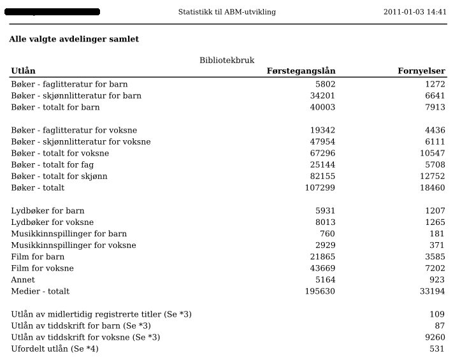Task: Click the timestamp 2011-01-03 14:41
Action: point(415,12)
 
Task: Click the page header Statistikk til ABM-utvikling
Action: point(227,12)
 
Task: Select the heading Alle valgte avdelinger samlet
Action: point(74,40)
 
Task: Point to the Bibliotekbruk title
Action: point(227,61)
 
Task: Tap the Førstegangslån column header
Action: point(301,71)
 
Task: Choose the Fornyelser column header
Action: point(421,71)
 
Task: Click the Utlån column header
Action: point(23,71)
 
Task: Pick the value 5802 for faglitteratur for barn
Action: point(325,84)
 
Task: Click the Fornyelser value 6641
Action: point(435,96)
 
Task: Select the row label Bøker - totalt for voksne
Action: point(60,154)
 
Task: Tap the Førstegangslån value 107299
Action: point(320,188)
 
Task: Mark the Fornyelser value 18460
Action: point(433,188)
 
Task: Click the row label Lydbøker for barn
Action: point(48,211)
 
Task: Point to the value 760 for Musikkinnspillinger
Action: point(327,234)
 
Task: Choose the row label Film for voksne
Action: point(42,268)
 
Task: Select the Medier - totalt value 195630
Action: point(320,291)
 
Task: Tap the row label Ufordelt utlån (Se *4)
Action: point(55,349)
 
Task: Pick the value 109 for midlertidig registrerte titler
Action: point(437,314)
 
